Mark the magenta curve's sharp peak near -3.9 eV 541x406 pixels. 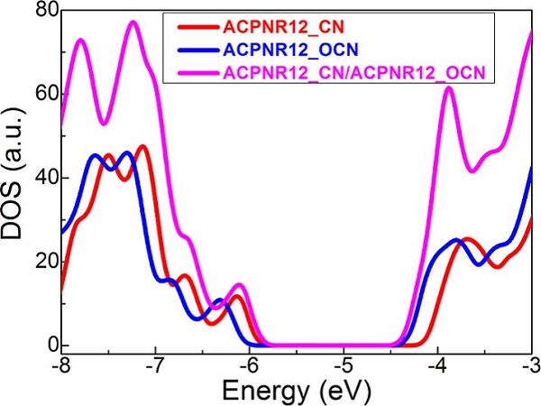pyautogui.click(x=449, y=88)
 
